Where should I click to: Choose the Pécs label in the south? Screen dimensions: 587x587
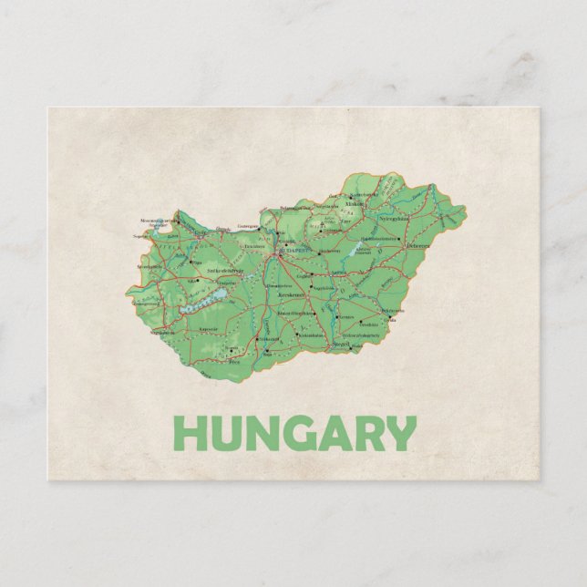(233, 362)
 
